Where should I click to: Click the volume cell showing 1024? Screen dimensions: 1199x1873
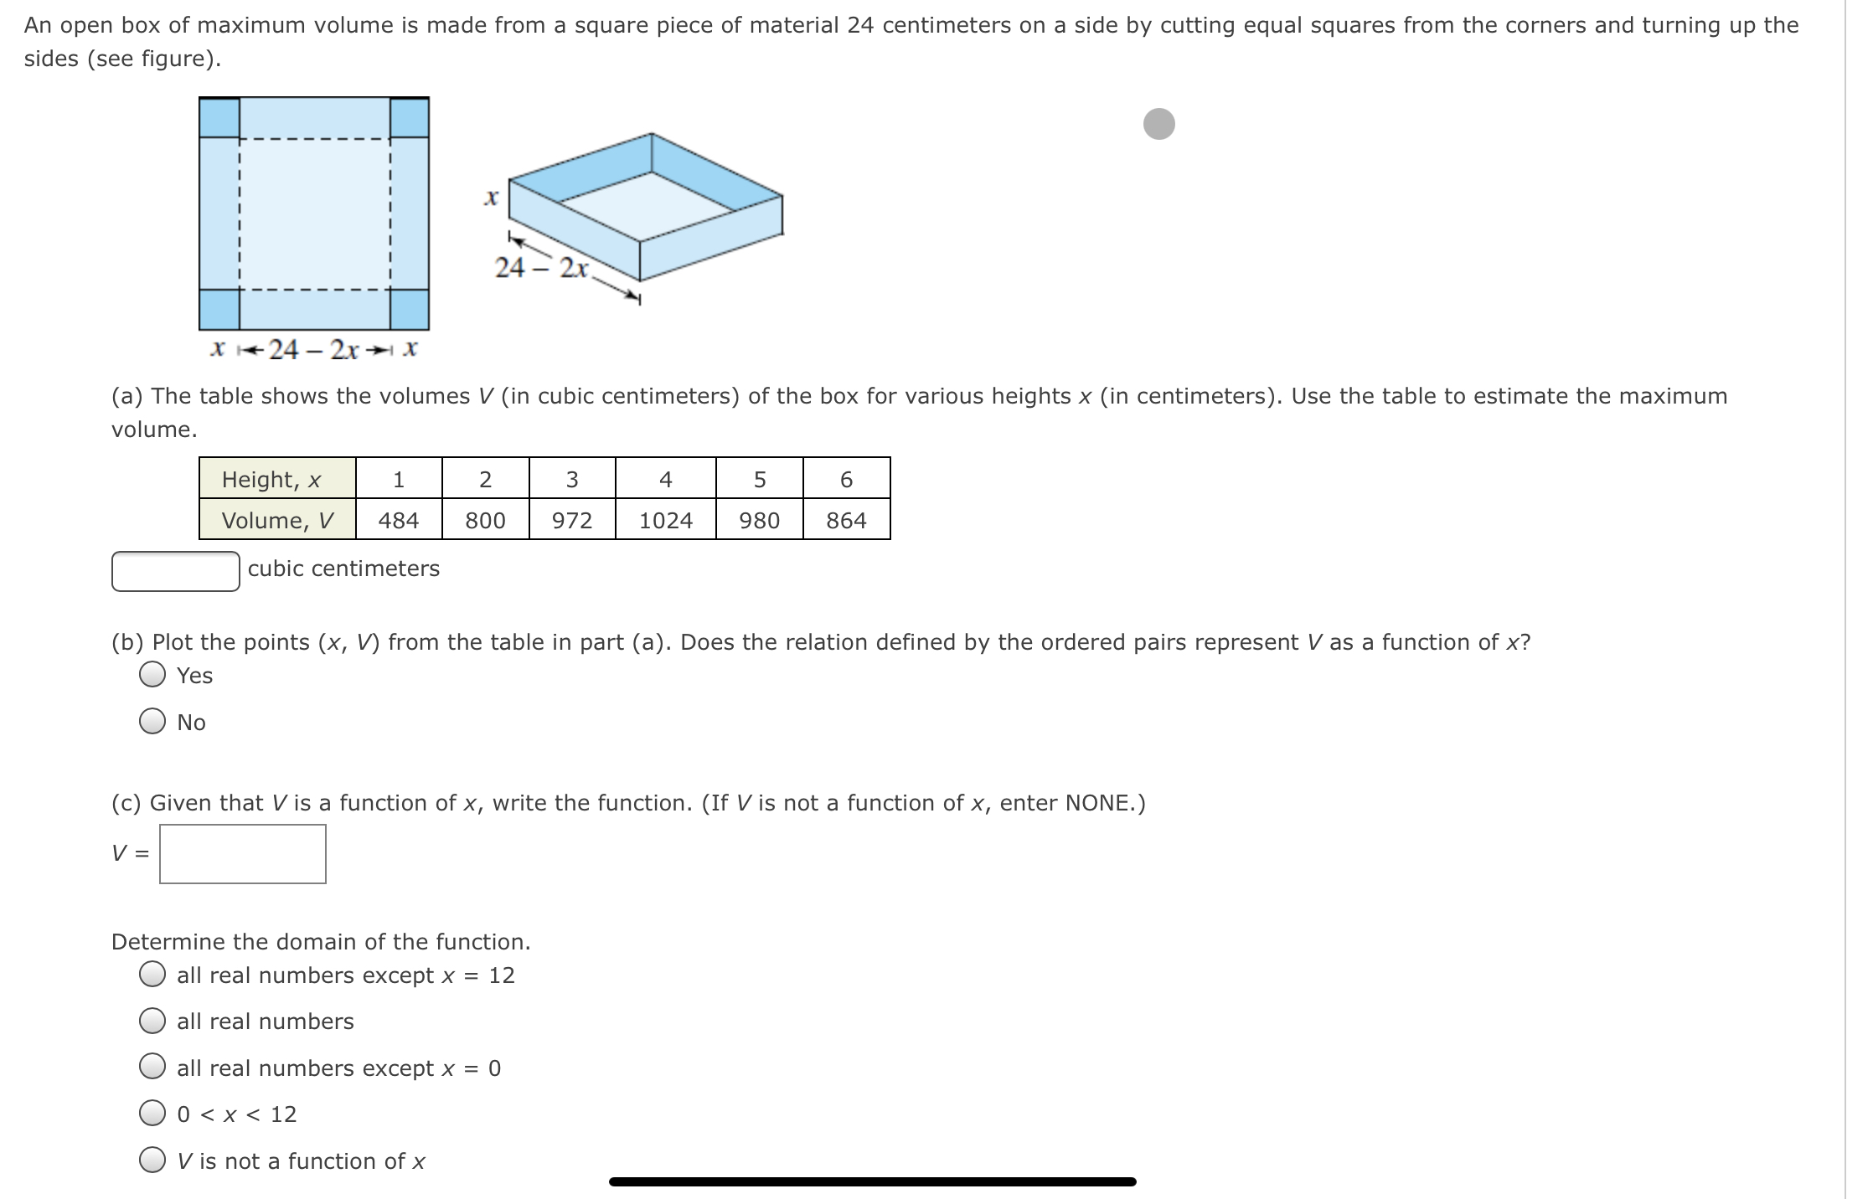click(665, 520)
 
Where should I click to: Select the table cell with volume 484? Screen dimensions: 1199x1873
click(398, 520)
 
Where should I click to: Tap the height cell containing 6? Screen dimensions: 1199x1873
click(846, 479)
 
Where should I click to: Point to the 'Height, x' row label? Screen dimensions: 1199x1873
click(271, 479)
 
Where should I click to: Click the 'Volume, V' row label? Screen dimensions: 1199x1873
click(276, 520)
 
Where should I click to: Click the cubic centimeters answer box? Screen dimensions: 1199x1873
click(176, 571)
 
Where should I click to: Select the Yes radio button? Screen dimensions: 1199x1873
click(152, 675)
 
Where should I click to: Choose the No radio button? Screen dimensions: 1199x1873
click(152, 722)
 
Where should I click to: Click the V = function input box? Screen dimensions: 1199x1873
click(243, 854)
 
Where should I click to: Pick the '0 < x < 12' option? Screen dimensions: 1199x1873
click(152, 1114)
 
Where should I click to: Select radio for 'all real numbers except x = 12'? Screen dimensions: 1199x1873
click(152, 975)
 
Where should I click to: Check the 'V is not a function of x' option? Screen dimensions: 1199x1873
click(152, 1160)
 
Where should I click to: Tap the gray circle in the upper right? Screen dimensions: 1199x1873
click(1158, 124)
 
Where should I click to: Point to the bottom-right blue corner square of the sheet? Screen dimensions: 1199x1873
click(410, 309)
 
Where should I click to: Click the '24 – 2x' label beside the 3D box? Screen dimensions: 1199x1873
click(542, 268)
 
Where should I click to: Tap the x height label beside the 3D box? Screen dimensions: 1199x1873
click(492, 198)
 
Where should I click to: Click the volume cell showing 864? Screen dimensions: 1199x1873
click(846, 520)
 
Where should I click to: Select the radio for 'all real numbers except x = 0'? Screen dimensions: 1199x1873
click(152, 1068)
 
